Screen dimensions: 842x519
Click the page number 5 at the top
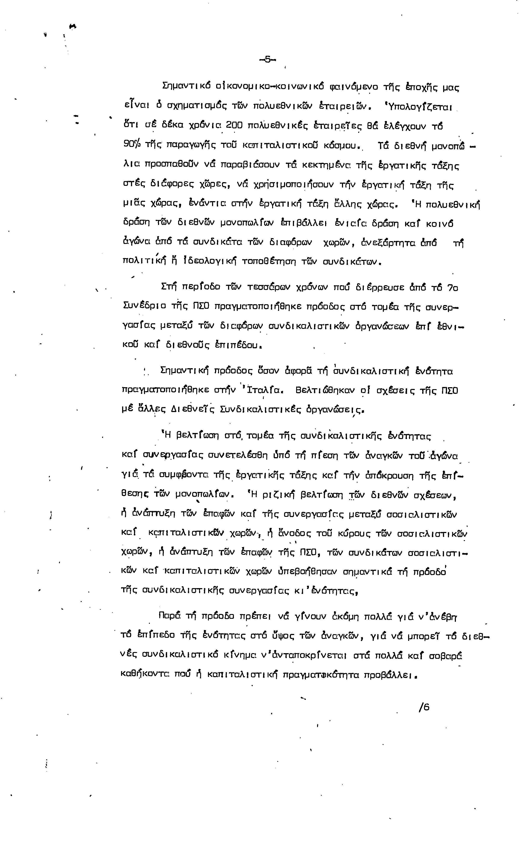click(x=268, y=59)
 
